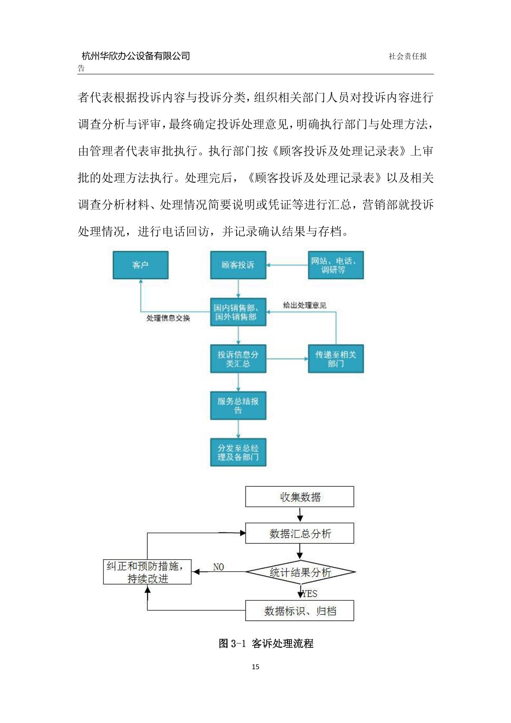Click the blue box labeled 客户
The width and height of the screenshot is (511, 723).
pyautogui.click(x=140, y=265)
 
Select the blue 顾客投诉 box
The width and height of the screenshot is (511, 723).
pyautogui.click(x=238, y=265)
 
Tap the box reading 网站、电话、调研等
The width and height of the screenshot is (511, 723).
pyautogui.click(x=335, y=265)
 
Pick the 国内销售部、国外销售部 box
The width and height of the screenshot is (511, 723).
pyautogui.click(x=238, y=312)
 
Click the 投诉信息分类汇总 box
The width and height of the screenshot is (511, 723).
pyautogui.click(x=238, y=359)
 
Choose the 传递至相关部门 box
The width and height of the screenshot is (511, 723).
pyautogui.click(x=335, y=359)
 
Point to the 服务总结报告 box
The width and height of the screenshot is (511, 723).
pyautogui.click(x=238, y=406)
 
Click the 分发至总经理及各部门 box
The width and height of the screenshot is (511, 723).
pyautogui.click(x=238, y=452)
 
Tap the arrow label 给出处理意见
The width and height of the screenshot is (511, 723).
pyautogui.click(x=304, y=305)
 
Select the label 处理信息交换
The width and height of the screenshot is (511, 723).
pyautogui.click(x=168, y=318)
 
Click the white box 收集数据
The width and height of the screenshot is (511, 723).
pyautogui.click(x=300, y=497)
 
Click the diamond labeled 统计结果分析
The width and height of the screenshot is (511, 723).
pyautogui.click(x=300, y=572)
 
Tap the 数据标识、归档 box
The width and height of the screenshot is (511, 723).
pyautogui.click(x=300, y=611)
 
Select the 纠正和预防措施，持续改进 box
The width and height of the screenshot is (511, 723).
pyautogui.click(x=147, y=572)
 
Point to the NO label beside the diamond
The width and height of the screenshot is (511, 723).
pyautogui.click(x=219, y=567)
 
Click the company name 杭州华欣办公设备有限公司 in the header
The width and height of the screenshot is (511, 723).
pyautogui.click(x=136, y=56)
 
